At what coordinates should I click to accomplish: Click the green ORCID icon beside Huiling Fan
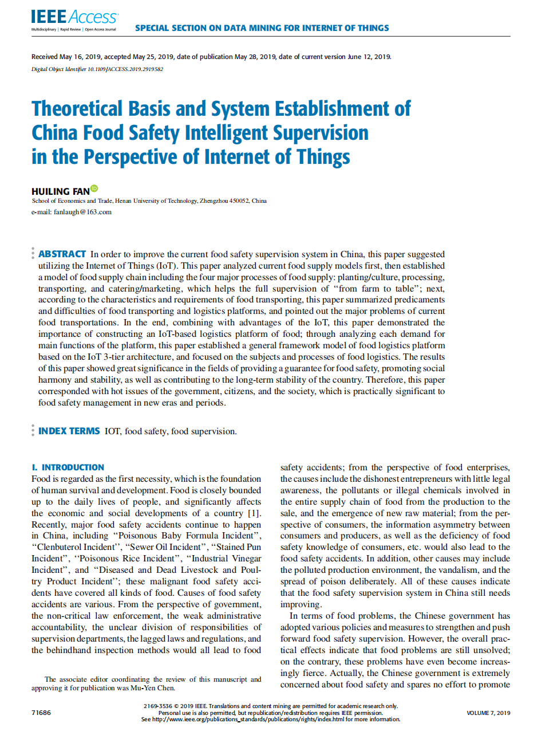(94, 188)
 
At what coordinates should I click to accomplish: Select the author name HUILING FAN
(61, 191)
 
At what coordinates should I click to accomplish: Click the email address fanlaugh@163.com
(82, 212)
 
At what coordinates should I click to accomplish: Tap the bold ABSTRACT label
(62, 254)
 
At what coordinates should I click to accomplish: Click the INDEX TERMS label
(69, 431)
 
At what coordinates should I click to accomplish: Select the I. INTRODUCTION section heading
(68, 467)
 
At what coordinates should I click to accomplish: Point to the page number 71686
(41, 713)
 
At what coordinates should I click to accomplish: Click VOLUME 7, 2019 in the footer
(488, 713)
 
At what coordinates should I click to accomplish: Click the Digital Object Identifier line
(97, 69)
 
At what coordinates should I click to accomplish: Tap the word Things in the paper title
(323, 157)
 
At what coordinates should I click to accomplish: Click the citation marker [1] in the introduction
(254, 513)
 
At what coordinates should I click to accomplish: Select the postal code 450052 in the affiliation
(239, 201)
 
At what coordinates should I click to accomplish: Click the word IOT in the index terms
(112, 431)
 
